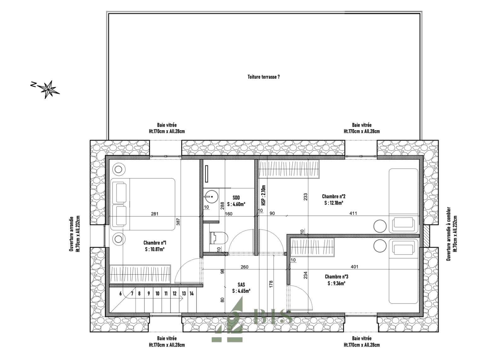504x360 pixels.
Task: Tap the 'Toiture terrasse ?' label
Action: [264, 77]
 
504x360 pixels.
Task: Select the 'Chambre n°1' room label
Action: [155, 243]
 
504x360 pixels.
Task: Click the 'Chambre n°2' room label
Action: [334, 196]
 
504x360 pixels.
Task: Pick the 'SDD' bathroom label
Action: [236, 198]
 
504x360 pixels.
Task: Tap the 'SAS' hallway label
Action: [241, 285]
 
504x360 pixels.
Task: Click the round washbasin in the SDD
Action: [211, 197]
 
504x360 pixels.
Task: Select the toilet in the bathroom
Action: [219, 238]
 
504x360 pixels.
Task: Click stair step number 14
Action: [192, 293]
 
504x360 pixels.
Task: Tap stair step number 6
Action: [121, 293]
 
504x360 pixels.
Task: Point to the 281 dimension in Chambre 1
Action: [155, 214]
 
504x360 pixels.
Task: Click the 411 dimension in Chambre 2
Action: [353, 213]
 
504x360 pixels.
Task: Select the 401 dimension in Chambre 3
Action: [355, 267]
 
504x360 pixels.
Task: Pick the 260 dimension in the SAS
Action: [244, 267]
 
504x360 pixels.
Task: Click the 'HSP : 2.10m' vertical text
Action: [264, 195]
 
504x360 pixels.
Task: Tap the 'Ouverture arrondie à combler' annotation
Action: [449, 234]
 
